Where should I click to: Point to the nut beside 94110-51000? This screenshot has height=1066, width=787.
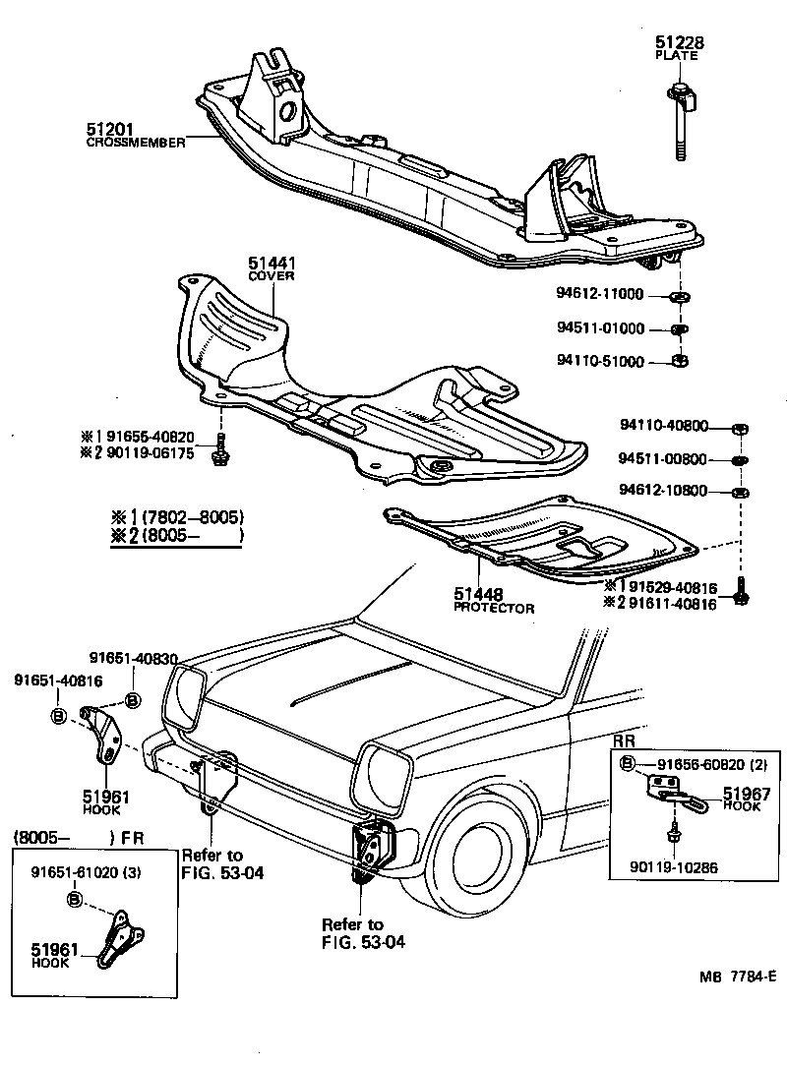tap(679, 361)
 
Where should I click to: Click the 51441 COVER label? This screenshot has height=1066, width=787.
tap(272, 265)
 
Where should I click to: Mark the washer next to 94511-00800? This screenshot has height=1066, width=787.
tap(740, 459)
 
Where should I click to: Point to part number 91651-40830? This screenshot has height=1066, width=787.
tap(135, 658)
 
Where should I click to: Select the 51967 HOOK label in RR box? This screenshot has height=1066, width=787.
tap(747, 792)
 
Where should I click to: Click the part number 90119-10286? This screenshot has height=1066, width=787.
tap(675, 868)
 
